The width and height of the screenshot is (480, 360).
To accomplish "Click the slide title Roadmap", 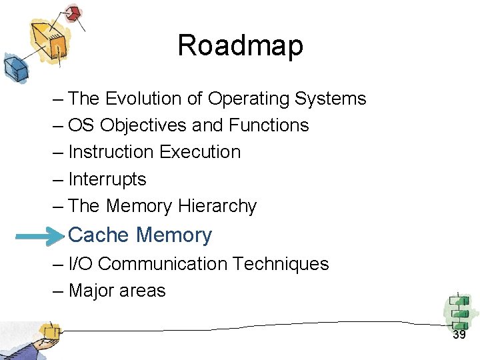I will tap(240, 45).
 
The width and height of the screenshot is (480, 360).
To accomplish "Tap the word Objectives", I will tap(138, 125).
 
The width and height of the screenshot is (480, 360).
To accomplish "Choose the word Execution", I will tap(200, 152).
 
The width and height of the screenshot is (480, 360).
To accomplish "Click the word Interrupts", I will tap(107, 179).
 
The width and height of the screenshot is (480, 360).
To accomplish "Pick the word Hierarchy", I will tap(217, 207).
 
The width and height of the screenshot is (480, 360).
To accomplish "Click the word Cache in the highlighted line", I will tap(99, 235).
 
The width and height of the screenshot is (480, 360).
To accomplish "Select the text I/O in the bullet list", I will tap(80, 264).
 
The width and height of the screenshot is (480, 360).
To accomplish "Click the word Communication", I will tap(163, 264).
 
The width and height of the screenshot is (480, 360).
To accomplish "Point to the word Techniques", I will tap(281, 264).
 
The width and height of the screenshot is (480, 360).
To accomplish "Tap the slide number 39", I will tap(459, 335).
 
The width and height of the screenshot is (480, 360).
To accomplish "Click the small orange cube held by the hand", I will tap(48, 331).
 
